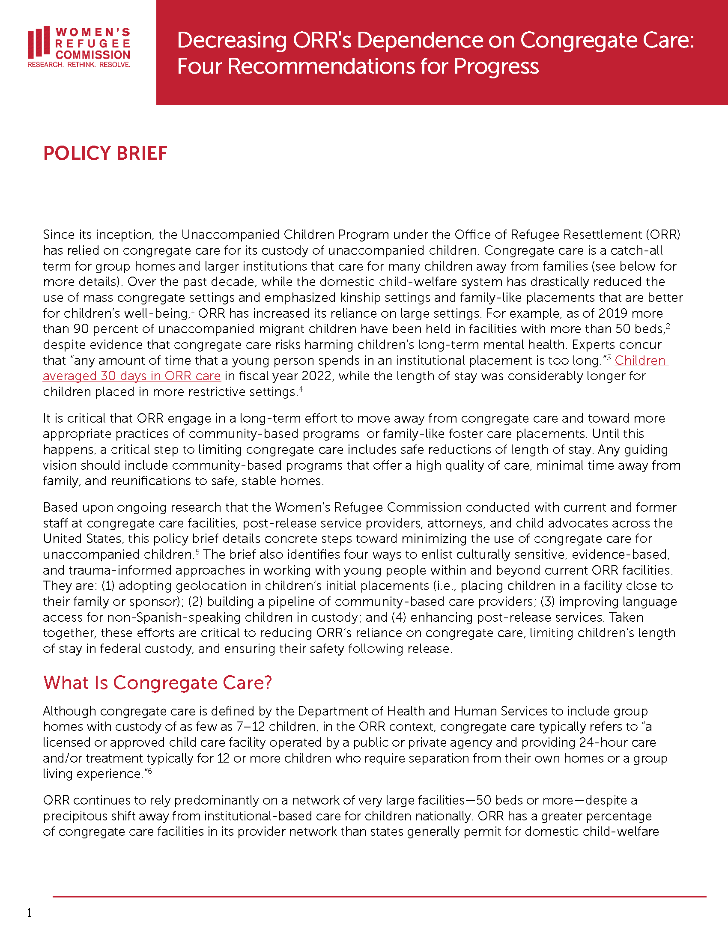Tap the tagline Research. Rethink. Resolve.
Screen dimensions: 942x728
(78, 65)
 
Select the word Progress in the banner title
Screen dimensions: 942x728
(496, 66)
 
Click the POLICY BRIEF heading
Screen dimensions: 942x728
(105, 154)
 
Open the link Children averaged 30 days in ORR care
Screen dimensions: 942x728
(131, 376)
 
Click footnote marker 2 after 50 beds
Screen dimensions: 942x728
(668, 326)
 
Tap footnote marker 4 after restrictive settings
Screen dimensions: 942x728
(301, 389)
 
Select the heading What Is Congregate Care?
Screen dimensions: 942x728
(158, 683)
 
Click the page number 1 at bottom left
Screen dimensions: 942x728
(29, 913)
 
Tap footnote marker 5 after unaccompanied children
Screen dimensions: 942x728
(197, 551)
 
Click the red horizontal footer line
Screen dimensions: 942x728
(379, 897)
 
